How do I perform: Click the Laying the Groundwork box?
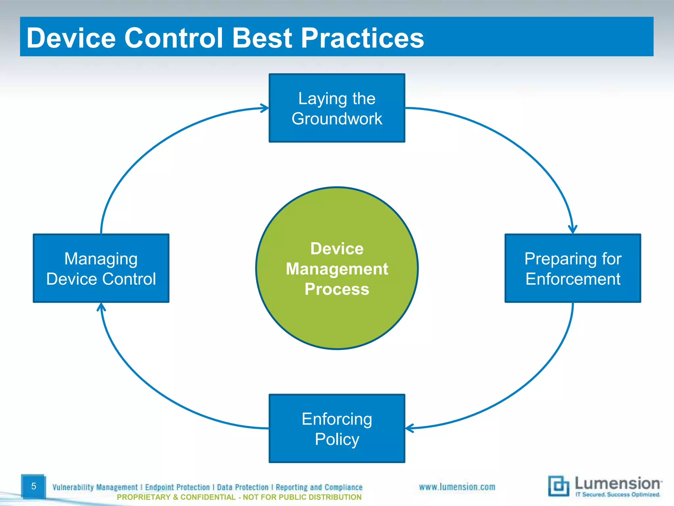[337, 108]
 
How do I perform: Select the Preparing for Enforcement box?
[573, 268]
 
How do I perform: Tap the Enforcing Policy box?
[337, 428]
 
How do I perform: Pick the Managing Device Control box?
[101, 268]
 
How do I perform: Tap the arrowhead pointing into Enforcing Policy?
[409, 428]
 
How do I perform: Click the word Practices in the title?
[362, 38]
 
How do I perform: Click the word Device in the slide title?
[71, 38]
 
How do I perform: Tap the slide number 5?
[33, 486]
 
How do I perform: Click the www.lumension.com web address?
[457, 487]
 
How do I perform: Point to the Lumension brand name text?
[617, 483]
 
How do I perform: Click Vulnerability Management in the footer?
[95, 487]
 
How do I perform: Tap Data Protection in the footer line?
[243, 487]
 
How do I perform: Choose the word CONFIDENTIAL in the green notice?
[208, 497]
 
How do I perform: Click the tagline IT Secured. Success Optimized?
[617, 494]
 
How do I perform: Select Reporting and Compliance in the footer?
[319, 487]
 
